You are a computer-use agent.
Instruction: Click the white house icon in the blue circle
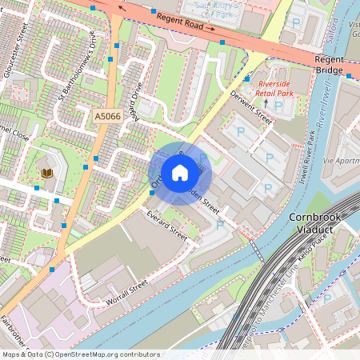(179, 172)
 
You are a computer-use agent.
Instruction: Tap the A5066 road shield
(108, 117)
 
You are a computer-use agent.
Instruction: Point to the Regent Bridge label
(329, 65)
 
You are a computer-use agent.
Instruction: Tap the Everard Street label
(166, 226)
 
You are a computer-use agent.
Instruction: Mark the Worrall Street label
(127, 290)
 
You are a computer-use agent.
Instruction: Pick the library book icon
(46, 173)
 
